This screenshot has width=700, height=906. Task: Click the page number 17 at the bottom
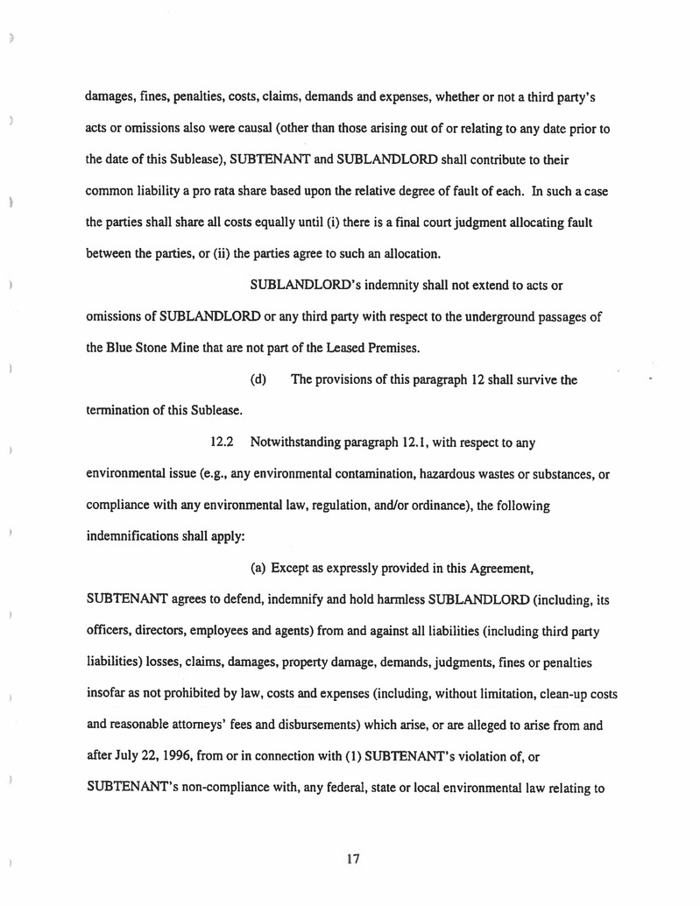(353, 860)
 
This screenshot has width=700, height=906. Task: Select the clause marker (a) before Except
(258, 571)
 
